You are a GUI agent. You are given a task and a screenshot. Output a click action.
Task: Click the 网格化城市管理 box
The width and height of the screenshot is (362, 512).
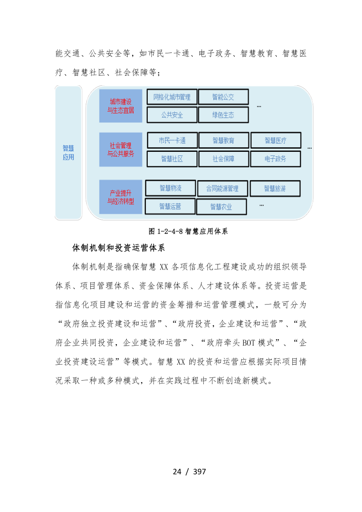(172, 97)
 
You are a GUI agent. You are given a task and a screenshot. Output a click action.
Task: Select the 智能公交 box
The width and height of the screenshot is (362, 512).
(223, 97)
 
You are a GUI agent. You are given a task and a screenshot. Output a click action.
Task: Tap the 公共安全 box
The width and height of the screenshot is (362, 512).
(172, 115)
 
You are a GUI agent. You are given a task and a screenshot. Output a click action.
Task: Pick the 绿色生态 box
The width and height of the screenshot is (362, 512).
(223, 115)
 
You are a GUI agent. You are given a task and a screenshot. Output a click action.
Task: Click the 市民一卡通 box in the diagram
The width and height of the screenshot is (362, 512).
(172, 140)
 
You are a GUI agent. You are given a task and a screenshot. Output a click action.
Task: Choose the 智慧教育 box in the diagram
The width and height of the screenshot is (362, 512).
(224, 140)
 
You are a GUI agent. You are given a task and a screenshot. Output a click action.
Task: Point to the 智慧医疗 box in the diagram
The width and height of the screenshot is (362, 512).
(276, 140)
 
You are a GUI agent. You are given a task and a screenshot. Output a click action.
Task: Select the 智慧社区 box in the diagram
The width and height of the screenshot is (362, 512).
(172, 159)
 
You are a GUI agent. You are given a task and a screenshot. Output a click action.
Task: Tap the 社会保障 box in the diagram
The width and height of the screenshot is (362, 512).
(224, 159)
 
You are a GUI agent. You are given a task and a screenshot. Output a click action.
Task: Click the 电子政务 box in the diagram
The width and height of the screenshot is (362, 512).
(276, 159)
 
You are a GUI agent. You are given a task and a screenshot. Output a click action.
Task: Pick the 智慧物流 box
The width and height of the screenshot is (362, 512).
(171, 188)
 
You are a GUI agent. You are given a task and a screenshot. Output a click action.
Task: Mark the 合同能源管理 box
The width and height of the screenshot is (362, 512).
(222, 188)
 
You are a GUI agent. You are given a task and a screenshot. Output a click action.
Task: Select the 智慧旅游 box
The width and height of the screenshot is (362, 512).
(275, 188)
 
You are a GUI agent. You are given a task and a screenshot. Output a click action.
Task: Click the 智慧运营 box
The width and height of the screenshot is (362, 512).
(170, 206)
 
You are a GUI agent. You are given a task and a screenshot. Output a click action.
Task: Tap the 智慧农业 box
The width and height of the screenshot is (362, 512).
(221, 207)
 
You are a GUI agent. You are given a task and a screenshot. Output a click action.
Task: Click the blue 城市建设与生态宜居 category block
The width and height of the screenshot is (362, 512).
(121, 105)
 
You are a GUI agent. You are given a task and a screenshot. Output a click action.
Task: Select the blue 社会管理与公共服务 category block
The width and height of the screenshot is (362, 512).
(121, 149)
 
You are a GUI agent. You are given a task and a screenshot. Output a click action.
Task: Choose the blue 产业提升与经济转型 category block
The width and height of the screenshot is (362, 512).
(121, 197)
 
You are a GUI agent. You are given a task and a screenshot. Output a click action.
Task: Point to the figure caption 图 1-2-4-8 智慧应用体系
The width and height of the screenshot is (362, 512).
(188, 231)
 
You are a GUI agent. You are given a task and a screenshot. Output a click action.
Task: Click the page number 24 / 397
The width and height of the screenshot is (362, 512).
(189, 472)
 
